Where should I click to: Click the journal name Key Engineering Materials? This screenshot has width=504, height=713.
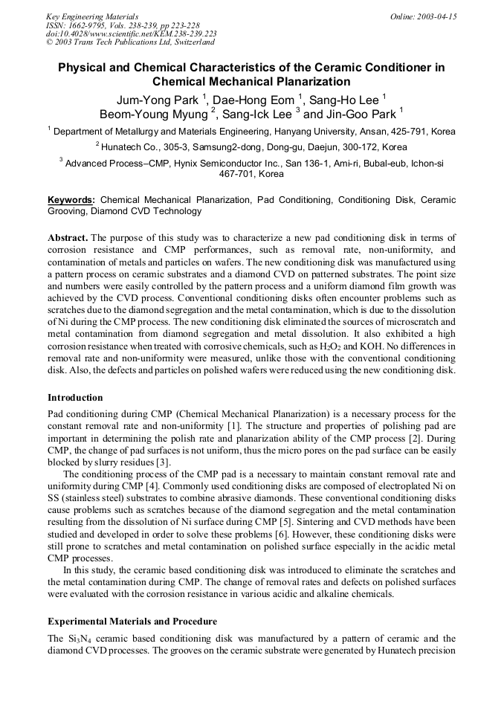pyautogui.click(x=92, y=16)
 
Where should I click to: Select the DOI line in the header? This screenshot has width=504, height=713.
pyautogui.click(x=131, y=33)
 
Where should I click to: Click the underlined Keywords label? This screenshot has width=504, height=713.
pyautogui.click(x=71, y=200)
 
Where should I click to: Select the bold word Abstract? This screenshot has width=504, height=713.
pyautogui.click(x=68, y=238)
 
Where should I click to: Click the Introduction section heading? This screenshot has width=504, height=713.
pyautogui.click(x=75, y=398)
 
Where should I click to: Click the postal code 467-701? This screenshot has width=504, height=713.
pyautogui.click(x=236, y=174)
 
